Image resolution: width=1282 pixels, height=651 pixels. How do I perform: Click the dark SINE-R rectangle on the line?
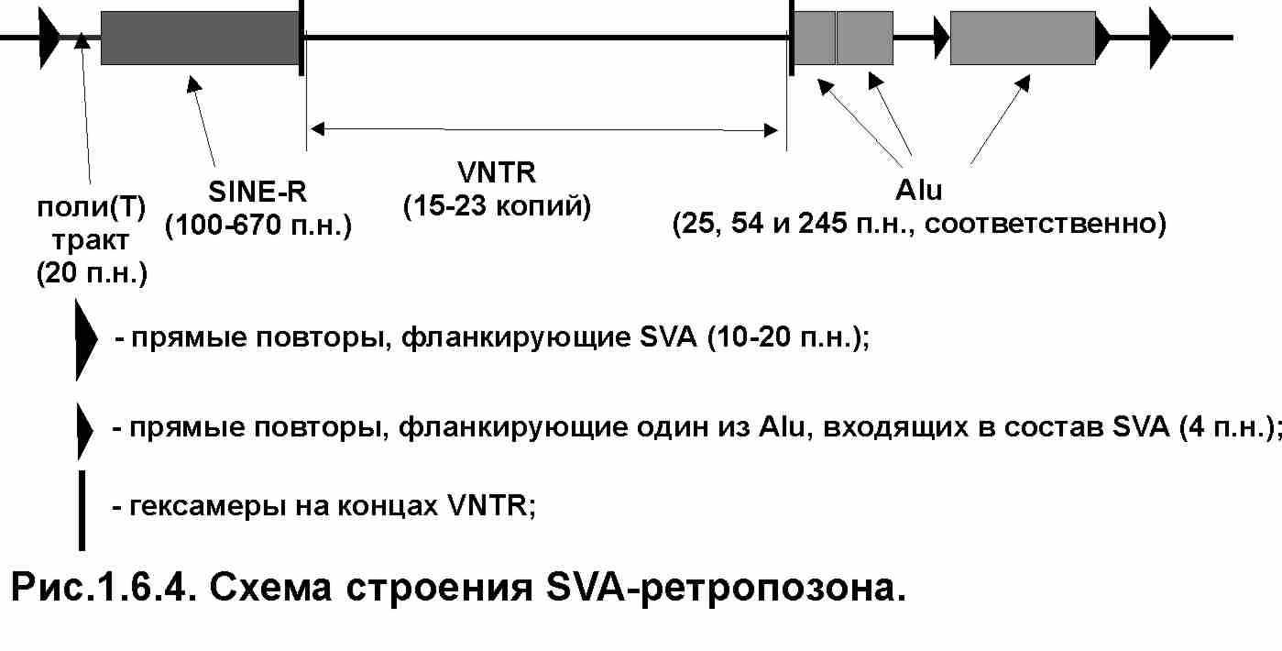click(200, 38)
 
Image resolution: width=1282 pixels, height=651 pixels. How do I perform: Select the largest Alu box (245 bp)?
click(1022, 38)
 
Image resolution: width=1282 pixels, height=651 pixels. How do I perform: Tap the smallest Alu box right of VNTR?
click(814, 38)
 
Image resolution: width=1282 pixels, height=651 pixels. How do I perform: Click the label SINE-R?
click(257, 192)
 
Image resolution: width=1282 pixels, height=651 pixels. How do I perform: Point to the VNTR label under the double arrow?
click(497, 172)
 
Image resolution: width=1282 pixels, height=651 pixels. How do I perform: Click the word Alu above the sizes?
click(918, 192)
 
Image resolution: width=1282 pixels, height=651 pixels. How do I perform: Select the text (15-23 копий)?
click(498, 204)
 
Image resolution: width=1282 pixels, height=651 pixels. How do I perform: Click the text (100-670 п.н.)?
click(258, 226)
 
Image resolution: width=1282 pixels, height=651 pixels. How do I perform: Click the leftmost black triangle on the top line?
click(49, 38)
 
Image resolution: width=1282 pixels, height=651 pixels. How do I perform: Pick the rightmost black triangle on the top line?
click(1160, 38)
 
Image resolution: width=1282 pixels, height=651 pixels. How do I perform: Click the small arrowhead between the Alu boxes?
click(940, 38)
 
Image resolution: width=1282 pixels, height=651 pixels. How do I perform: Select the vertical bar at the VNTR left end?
click(301, 38)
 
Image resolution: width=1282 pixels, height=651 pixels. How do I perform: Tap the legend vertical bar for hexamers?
click(82, 509)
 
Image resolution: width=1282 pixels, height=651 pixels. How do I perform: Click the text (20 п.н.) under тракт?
click(91, 273)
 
